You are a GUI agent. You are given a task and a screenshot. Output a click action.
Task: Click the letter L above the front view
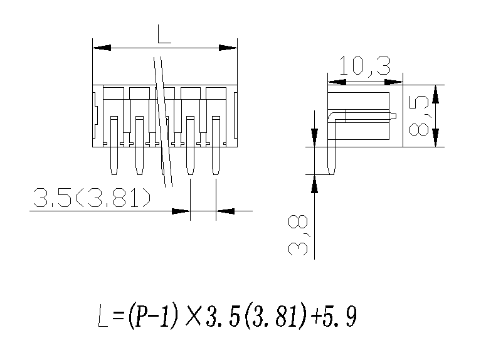164,34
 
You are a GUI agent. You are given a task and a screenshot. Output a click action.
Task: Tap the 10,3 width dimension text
364,65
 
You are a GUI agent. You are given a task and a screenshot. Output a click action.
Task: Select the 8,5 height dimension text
419,115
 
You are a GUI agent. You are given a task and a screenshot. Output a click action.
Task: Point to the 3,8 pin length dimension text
299,236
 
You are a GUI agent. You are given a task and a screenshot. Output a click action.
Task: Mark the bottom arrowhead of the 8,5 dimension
437,138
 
